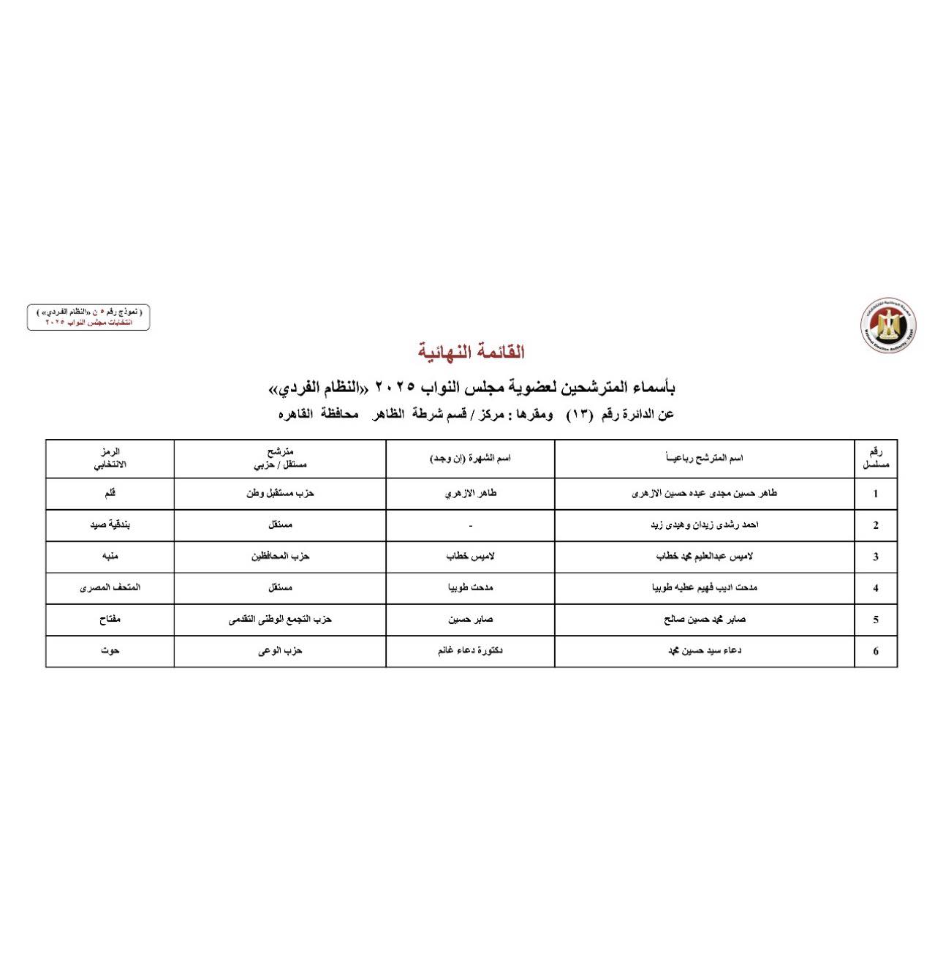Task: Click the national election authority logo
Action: [x=887, y=326]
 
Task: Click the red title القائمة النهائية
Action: [x=471, y=352]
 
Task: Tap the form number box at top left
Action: [x=88, y=317]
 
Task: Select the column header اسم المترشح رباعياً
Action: [x=704, y=458]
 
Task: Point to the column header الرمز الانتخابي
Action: [x=110, y=459]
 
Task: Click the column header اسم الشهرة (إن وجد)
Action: [x=470, y=458]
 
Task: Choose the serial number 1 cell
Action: [x=875, y=494]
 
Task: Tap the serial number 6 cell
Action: [x=875, y=651]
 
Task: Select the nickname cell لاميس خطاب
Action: [x=470, y=557]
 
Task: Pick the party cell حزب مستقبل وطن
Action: [x=280, y=494]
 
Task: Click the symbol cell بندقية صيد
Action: [x=110, y=525]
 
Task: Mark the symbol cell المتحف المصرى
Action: [x=110, y=588]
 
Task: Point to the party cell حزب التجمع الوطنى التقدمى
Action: [x=280, y=620]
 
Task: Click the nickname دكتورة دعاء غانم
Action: [x=470, y=651]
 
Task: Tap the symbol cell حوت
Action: [x=110, y=651]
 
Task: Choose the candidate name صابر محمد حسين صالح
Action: [x=704, y=620]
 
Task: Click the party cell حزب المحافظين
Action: [x=280, y=557]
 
